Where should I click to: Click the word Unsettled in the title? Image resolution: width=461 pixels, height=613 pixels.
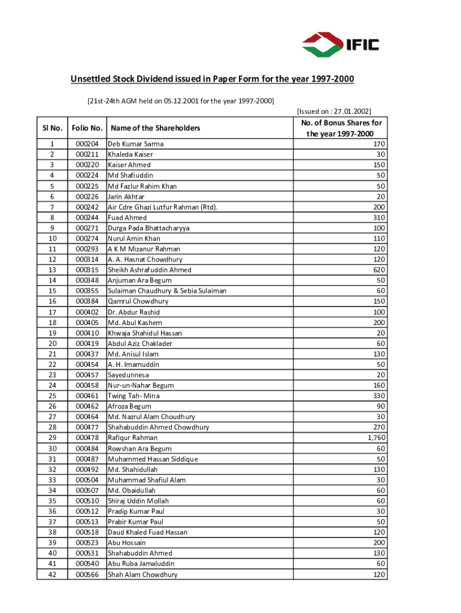coord(90,80)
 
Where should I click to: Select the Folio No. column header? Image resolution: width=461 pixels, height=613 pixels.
coord(87,128)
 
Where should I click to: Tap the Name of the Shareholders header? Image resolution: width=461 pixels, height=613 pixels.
coord(155,128)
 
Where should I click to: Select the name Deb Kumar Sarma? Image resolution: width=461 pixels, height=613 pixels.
coord(135,144)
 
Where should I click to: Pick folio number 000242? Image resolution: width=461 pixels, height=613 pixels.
coord(87,207)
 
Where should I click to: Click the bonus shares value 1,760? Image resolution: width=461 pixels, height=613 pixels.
coord(375,438)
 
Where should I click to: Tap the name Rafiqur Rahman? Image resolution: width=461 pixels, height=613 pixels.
coord(133,438)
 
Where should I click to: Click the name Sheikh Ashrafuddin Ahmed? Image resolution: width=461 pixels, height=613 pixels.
coord(150,270)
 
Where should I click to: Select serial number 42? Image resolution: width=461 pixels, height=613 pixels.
coord(52,575)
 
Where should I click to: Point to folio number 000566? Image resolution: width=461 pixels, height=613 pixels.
coord(87,575)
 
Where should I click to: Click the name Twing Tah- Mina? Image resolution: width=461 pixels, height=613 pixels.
coord(134,396)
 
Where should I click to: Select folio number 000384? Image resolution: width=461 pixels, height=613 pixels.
coord(87,301)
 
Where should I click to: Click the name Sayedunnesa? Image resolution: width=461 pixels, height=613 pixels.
coord(129,375)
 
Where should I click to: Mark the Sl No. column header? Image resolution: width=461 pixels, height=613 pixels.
coord(52,128)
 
